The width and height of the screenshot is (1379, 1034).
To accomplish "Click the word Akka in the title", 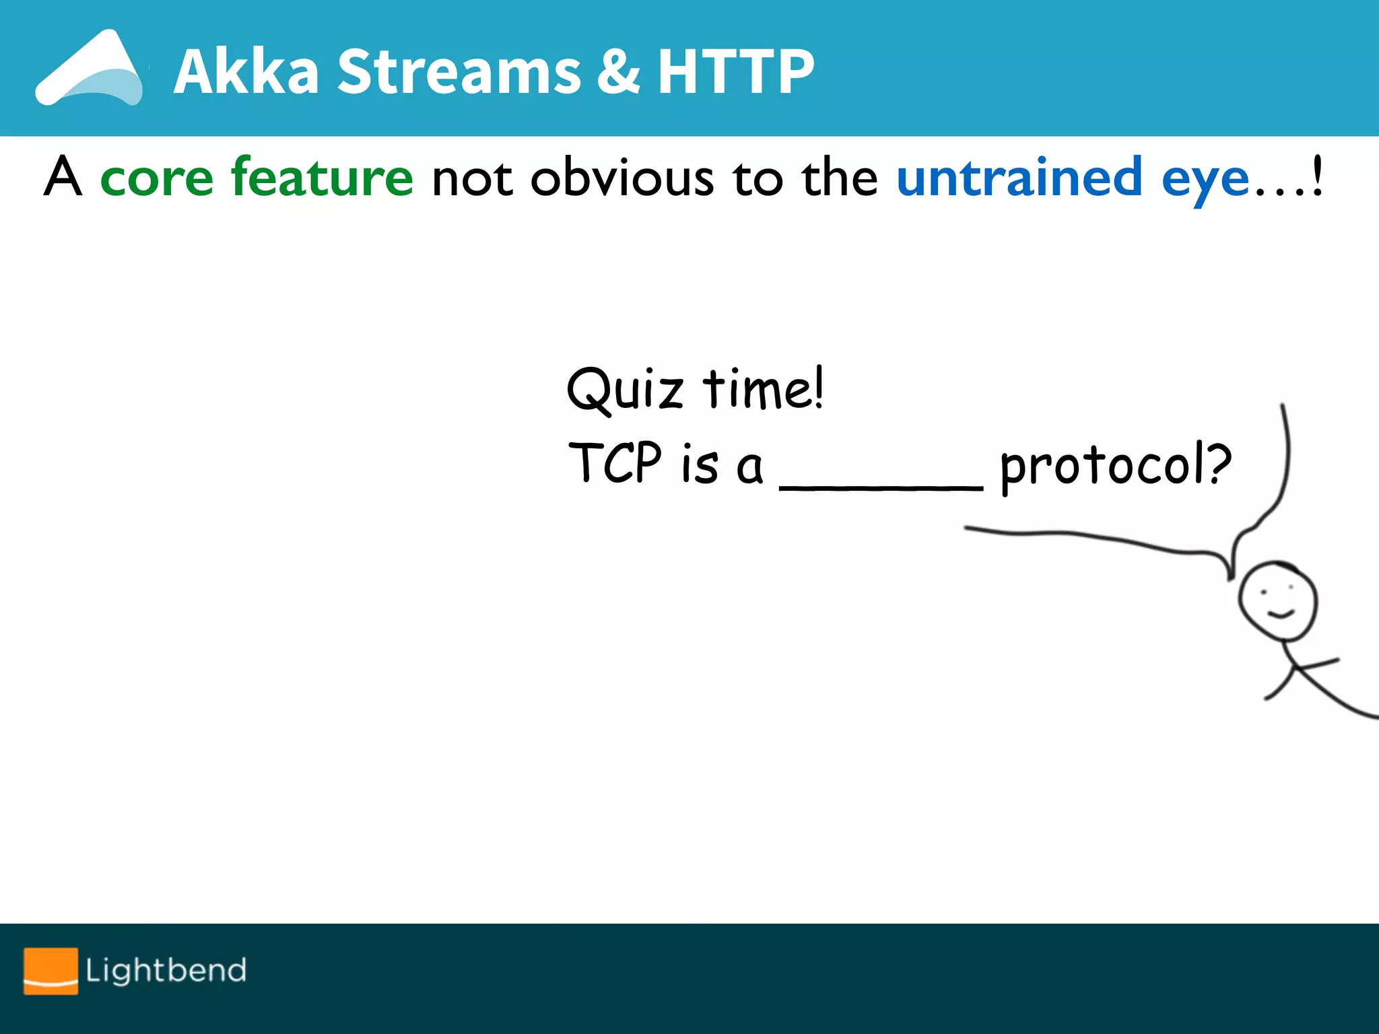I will tap(246, 71).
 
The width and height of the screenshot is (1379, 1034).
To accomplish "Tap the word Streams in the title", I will tap(459, 71).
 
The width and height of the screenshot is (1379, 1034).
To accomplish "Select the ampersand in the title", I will tap(618, 71).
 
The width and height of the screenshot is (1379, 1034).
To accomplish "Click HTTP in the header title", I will tap(735, 71).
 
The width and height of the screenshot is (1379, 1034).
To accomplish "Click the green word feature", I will tap(322, 176).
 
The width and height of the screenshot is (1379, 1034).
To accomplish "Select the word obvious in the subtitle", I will tap(622, 178).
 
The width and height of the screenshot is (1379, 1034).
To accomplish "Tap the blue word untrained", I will tap(1019, 178).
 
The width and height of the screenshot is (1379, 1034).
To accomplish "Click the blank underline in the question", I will tap(881, 487).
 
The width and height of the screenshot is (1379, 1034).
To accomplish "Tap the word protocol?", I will tap(1116, 466).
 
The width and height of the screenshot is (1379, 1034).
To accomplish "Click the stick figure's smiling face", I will tap(1277, 601).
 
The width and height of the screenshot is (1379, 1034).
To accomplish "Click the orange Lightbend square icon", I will tap(51, 971).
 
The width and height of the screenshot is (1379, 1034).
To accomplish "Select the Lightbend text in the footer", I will tap(166, 971).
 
